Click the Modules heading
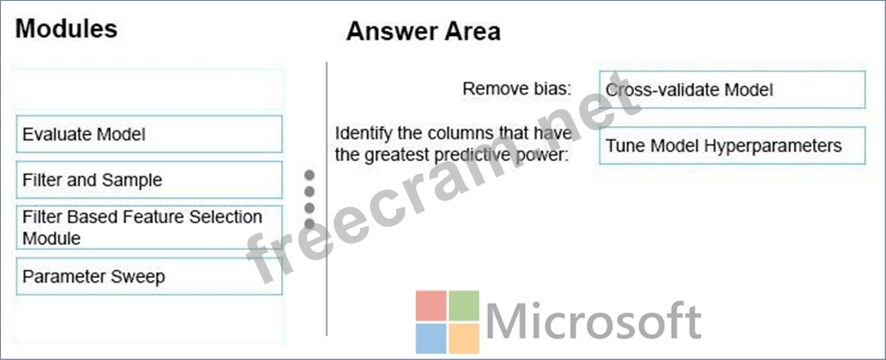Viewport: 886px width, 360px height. tap(66, 28)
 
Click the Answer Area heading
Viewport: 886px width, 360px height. tap(423, 31)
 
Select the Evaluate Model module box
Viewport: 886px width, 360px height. tap(149, 134)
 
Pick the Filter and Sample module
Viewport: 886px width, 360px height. tap(149, 180)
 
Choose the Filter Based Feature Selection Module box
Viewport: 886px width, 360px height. tap(149, 227)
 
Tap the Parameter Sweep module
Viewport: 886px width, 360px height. tap(149, 276)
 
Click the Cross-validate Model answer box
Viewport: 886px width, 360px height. tap(732, 89)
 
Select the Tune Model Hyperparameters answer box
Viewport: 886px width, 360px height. tap(732, 145)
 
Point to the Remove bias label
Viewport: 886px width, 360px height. tap(517, 89)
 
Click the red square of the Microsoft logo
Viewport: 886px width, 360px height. tap(431, 306)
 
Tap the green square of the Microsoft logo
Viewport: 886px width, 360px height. tap(464, 306)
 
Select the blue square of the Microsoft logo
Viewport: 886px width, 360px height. tap(431, 338)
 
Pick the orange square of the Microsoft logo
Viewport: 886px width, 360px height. tap(464, 338)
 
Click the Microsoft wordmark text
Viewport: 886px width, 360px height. tap(593, 321)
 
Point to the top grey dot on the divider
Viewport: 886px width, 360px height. tap(309, 175)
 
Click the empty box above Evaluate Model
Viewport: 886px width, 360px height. tap(149, 89)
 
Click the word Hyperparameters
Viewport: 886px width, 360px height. tap(773, 146)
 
